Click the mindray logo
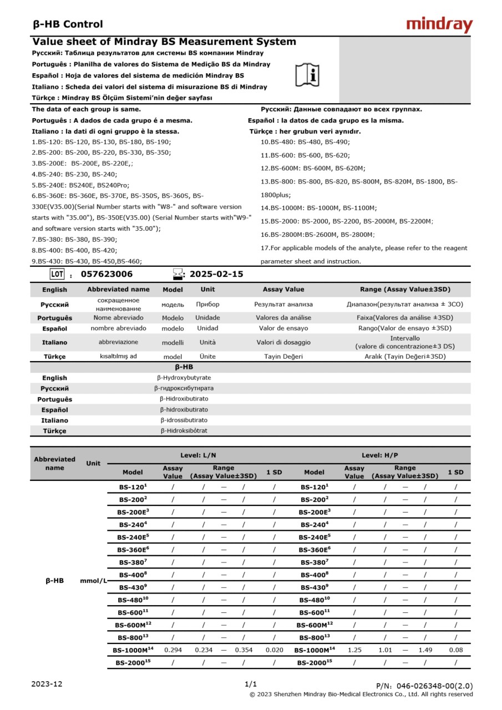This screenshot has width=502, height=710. point(439,24)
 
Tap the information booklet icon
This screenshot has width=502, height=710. point(307,75)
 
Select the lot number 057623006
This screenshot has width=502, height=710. point(107,274)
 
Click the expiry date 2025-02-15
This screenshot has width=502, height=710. point(216,274)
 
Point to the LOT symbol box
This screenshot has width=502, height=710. point(57,274)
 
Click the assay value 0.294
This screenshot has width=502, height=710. point(173,650)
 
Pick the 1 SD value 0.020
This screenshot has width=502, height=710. point(274,650)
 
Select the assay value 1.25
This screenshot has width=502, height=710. point(354,650)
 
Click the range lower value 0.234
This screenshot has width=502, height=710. point(204,650)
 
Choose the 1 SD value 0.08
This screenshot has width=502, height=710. point(456,650)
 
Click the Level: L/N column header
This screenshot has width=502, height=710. point(198,455)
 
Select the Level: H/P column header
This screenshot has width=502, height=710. point(380,455)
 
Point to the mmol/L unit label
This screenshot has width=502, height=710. point(93,581)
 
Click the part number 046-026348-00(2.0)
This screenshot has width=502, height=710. point(424,686)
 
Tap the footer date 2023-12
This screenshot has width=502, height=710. point(47,684)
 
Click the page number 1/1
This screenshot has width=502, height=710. point(251,684)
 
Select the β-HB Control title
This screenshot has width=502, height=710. point(68,24)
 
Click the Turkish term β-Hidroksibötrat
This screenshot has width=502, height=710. point(184,430)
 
